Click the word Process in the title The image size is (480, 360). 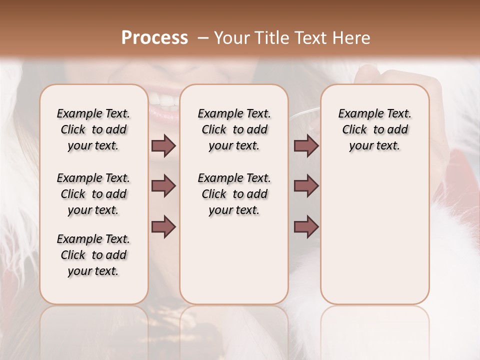click(x=154, y=38)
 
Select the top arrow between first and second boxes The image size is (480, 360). click(x=163, y=146)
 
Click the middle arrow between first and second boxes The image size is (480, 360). click(x=163, y=186)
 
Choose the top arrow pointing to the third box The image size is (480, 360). click(x=306, y=146)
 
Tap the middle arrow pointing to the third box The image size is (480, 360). click(x=306, y=186)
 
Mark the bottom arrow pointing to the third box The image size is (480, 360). click(x=306, y=227)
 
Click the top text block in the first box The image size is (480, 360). click(x=93, y=129)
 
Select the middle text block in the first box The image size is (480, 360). click(x=93, y=194)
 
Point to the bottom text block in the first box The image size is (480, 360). click(x=93, y=255)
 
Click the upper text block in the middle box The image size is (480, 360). click(x=234, y=129)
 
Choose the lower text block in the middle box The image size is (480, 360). click(x=234, y=194)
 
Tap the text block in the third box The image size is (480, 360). click(x=374, y=129)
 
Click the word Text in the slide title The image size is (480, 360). click(x=306, y=38)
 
